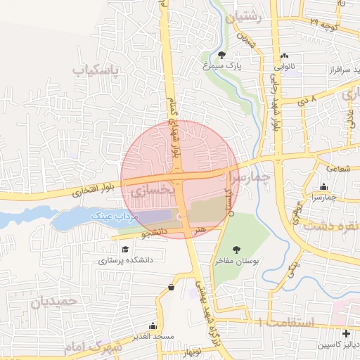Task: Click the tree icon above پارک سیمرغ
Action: (223, 54)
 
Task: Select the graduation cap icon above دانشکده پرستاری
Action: (125, 249)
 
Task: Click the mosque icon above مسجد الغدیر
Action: (153, 326)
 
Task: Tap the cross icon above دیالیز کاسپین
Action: (345, 333)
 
